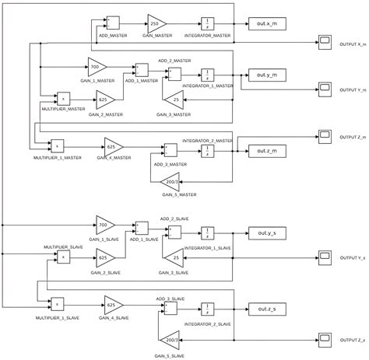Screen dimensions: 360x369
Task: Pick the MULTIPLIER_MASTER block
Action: coord(63,99)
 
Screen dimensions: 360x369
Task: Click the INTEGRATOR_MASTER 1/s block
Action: coord(208,23)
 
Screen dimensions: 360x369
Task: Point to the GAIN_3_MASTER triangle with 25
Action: coord(175,100)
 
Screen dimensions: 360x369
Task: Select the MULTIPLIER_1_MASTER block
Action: coord(57,145)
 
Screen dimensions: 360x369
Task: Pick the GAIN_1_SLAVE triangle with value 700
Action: coord(104,226)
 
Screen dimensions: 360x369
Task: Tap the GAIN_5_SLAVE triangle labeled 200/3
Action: coord(170,339)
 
